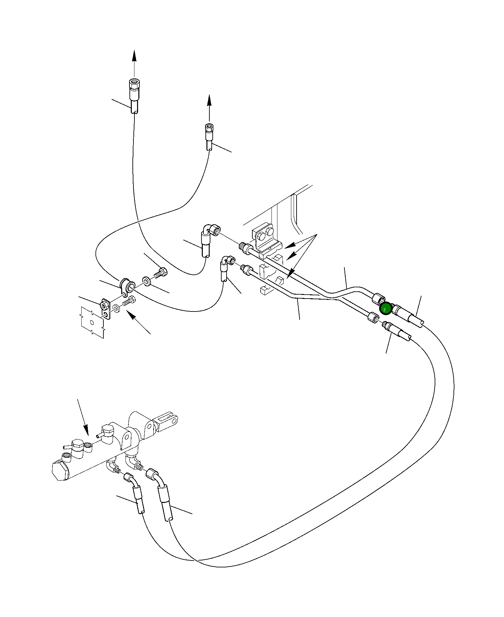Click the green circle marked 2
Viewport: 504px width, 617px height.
pyautogui.click(x=385, y=309)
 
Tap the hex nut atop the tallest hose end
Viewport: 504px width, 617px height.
pyautogui.click(x=134, y=85)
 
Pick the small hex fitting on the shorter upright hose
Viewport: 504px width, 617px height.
pyautogui.click(x=209, y=128)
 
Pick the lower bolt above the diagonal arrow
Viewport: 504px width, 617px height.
pyautogui.click(x=129, y=301)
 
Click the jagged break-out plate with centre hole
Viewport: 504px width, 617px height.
pyautogui.click(x=92, y=322)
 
